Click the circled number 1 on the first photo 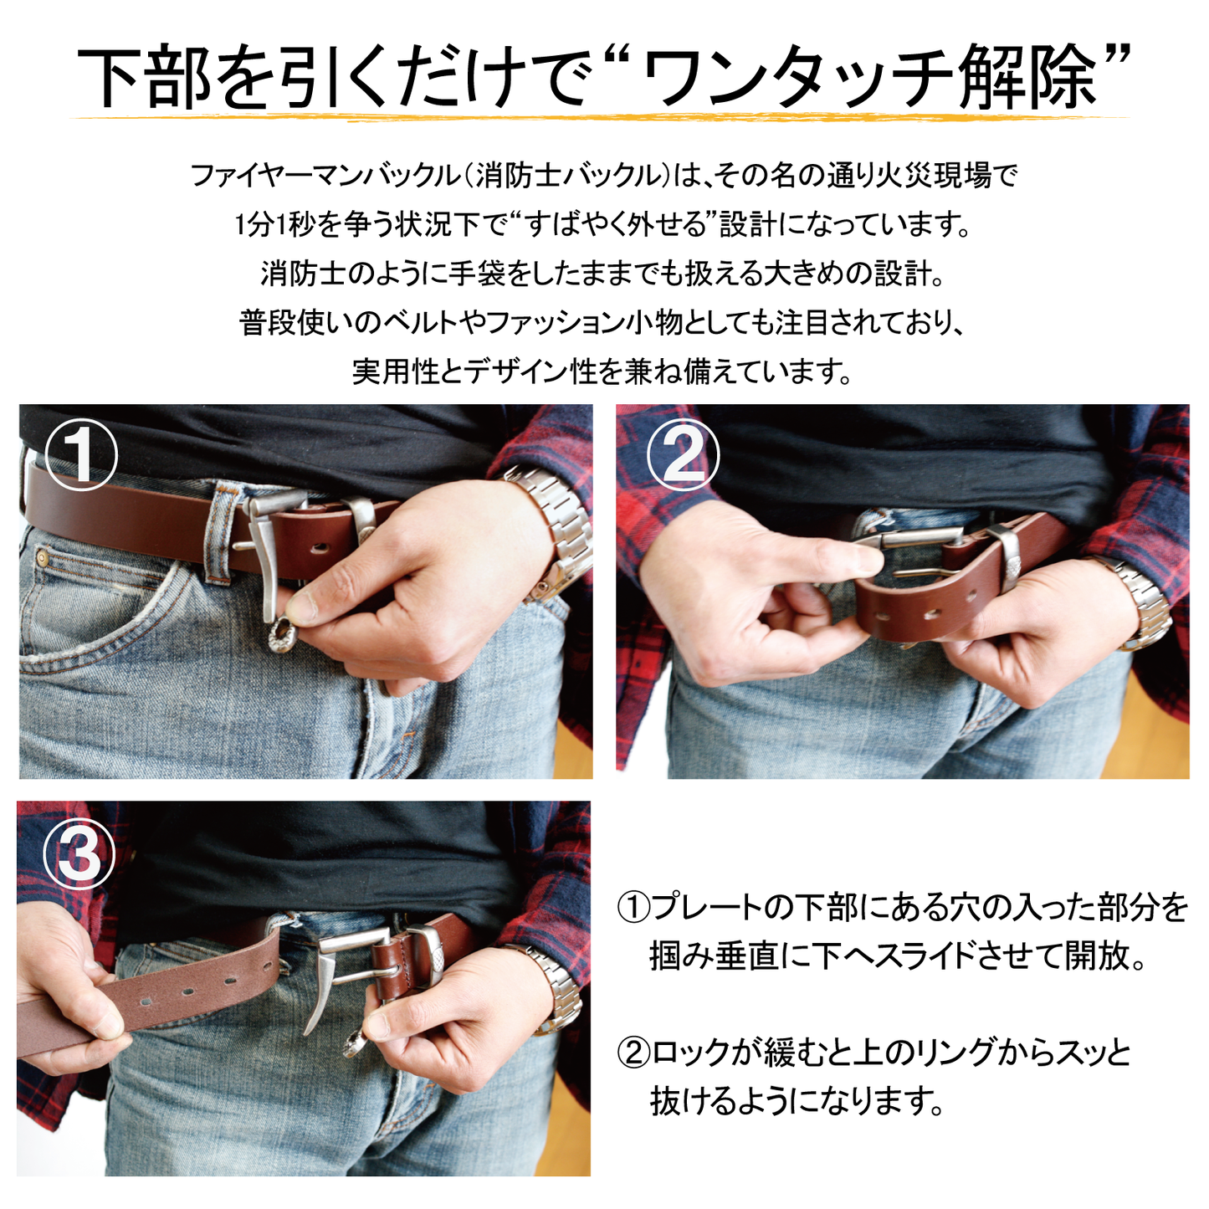pyautogui.click(x=80, y=454)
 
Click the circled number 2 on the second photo pyautogui.click(x=684, y=454)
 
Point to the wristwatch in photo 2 pyautogui.click(x=1142, y=602)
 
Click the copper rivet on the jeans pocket pyautogui.click(x=43, y=556)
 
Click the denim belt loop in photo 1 pyautogui.click(x=222, y=531)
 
